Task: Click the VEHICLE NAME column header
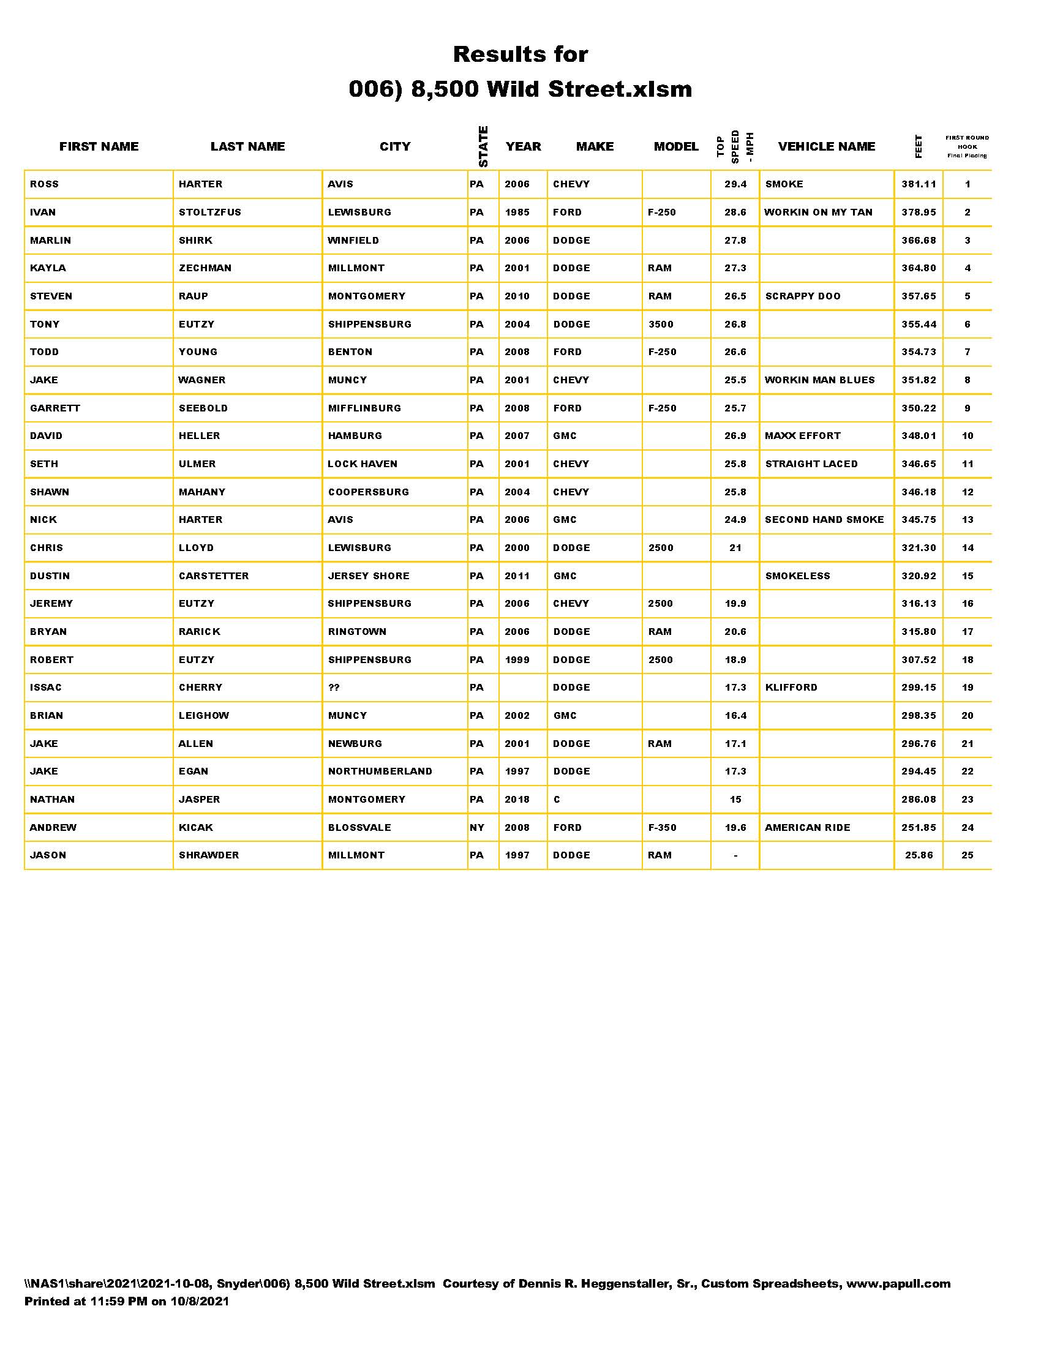(827, 146)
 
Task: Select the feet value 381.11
(919, 184)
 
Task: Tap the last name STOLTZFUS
(209, 212)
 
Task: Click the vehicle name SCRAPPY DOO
(802, 296)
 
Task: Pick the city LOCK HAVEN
(362, 464)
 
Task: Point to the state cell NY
(476, 828)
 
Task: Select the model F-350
(662, 828)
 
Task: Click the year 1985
(517, 212)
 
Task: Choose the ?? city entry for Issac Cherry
(334, 688)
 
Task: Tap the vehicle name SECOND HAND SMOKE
(824, 520)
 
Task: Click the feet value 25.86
(919, 855)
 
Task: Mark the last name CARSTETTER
(213, 576)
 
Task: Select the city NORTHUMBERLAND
(380, 771)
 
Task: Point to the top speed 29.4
(735, 184)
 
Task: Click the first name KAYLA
(48, 268)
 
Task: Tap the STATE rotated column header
(483, 146)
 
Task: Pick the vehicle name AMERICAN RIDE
(807, 828)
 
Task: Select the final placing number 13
(967, 520)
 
